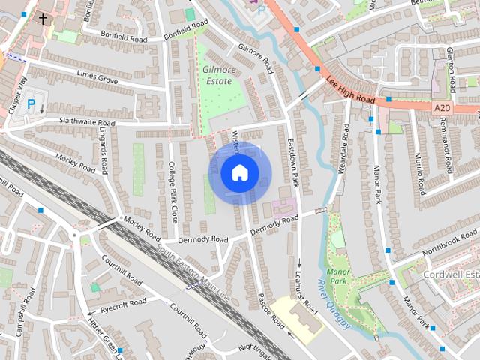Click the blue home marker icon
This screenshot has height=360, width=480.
[239, 173]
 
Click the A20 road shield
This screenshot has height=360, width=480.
[443, 108]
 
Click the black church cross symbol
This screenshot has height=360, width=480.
[43, 18]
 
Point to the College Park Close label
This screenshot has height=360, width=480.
[172, 193]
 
